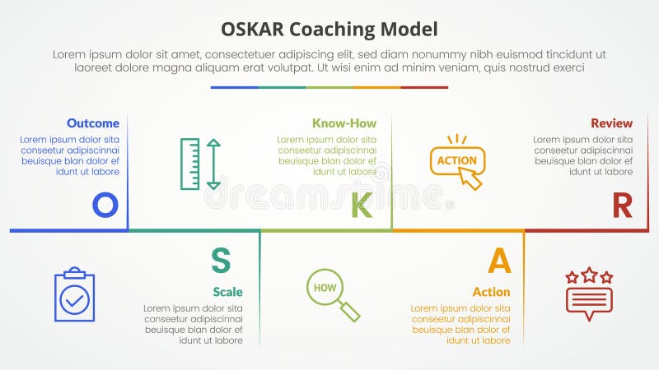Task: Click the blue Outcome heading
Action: coord(93,123)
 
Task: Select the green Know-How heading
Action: coord(344,123)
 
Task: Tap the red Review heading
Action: coord(611,123)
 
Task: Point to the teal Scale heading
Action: coord(227,292)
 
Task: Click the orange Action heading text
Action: coord(491,292)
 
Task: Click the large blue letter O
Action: coord(105,205)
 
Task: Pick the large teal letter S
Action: coord(220,260)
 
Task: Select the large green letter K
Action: coord(362,206)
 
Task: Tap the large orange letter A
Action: coord(499,260)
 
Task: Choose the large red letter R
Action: coord(622,206)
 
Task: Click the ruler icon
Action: coord(190,164)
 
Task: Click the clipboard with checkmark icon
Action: coord(74,294)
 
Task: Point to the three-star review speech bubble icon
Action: coord(589,294)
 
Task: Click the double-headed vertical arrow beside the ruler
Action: coord(213,164)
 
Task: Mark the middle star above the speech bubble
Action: coord(589,275)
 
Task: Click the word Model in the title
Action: coord(409,30)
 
